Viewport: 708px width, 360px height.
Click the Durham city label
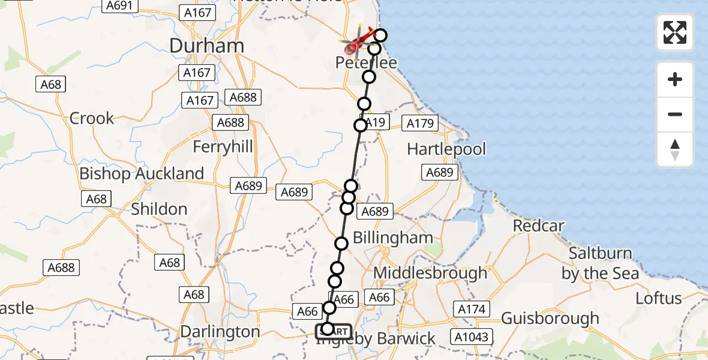pyautogui.click(x=207, y=46)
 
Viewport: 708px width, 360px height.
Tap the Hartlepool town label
pyautogui.click(x=446, y=149)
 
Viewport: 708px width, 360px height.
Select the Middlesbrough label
pyautogui.click(x=430, y=273)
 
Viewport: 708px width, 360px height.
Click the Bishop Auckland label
pyautogui.click(x=142, y=174)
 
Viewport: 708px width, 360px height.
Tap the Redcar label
pyautogui.click(x=539, y=226)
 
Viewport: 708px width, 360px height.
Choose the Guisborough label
pyautogui.click(x=550, y=318)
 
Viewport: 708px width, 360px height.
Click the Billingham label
pyautogui.click(x=392, y=238)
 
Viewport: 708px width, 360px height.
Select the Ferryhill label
pyautogui.click(x=223, y=147)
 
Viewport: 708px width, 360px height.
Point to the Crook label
pyautogui.click(x=92, y=118)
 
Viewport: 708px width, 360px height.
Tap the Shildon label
pyautogui.click(x=159, y=209)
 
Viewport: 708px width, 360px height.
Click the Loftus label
pyautogui.click(x=659, y=298)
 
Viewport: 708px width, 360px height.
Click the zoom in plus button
pyautogui.click(x=675, y=79)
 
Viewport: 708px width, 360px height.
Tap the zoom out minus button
pyautogui.click(x=675, y=114)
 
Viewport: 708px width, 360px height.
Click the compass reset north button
pyautogui.click(x=675, y=149)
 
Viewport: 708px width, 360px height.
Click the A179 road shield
pyautogui.click(x=420, y=124)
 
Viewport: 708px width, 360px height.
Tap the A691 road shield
pyautogui.click(x=120, y=5)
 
